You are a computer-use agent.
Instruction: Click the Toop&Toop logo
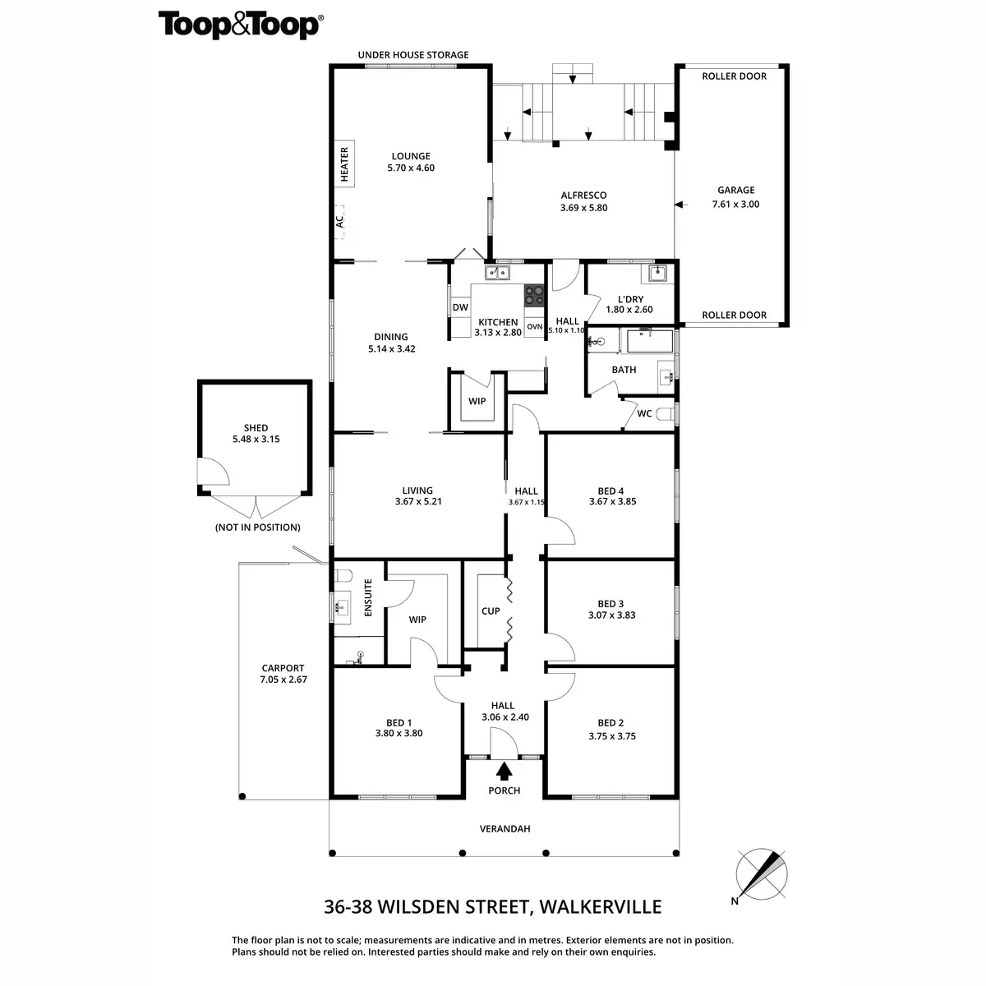point(239,25)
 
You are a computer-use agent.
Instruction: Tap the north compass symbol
point(763,873)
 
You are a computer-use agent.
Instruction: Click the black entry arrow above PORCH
point(505,771)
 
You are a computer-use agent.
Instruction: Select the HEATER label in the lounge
point(345,164)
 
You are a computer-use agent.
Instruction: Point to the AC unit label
point(339,221)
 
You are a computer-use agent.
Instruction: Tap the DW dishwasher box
point(460,308)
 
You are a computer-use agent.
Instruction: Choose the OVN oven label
point(535,326)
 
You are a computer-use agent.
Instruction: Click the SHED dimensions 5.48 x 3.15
point(256,440)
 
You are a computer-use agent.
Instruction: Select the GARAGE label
point(735,191)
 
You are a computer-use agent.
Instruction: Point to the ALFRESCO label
point(583,196)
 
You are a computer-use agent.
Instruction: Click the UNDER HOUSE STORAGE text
point(412,55)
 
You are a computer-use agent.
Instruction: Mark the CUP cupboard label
point(491,611)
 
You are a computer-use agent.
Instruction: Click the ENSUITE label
point(368,598)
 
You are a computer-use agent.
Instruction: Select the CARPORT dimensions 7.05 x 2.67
point(283,680)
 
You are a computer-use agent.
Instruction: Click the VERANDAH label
point(505,829)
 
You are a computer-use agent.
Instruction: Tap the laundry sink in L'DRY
point(657,274)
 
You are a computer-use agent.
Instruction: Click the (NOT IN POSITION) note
point(257,528)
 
